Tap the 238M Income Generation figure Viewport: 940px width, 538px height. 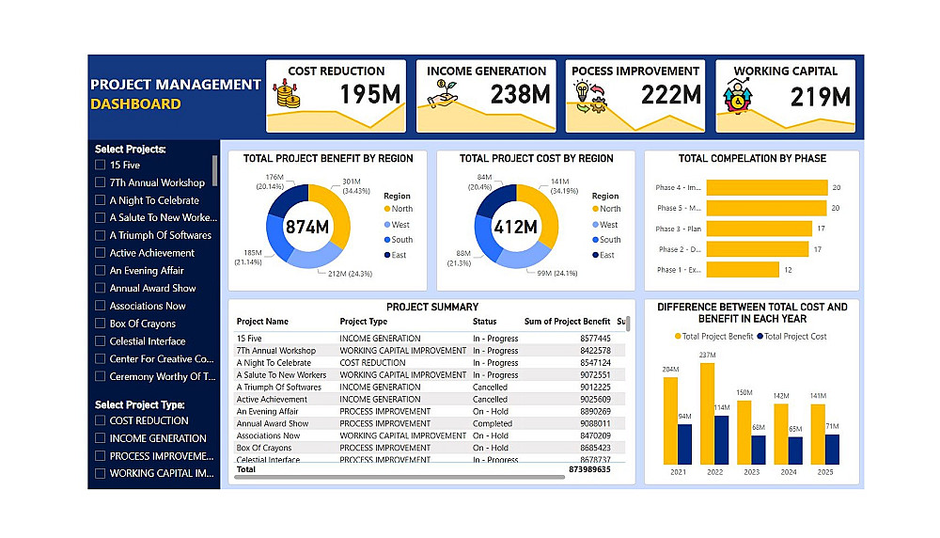tap(520, 95)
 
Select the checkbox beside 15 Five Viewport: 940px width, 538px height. tap(101, 166)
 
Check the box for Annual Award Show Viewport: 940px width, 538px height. tap(101, 289)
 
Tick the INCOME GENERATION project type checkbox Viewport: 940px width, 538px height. tap(101, 438)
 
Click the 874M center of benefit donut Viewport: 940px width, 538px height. tap(307, 227)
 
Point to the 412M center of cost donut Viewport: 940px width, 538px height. tap(516, 227)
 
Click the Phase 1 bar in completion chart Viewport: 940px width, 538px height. tap(743, 270)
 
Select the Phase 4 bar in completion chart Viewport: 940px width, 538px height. tap(766, 187)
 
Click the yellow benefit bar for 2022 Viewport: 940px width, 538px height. tap(707, 414)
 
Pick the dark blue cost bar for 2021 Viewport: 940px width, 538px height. tap(684, 444)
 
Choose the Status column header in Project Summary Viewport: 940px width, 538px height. tap(484, 322)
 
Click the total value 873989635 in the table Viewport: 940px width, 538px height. tap(589, 469)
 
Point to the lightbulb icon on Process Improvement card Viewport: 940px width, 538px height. tap(583, 91)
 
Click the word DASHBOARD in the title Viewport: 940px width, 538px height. tap(135, 104)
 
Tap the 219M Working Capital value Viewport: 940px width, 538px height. tap(821, 96)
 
